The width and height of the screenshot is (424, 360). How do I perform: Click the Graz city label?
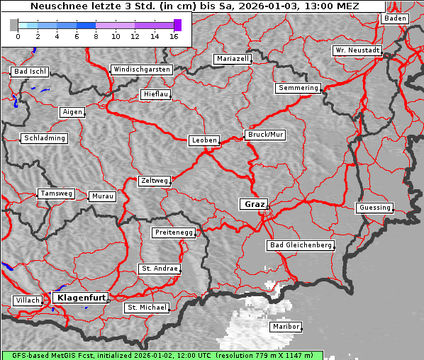pyautogui.click(x=253, y=204)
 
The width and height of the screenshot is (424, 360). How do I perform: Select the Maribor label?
pyautogui.click(x=286, y=327)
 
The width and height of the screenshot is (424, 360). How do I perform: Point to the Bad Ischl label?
pyautogui.click(x=30, y=72)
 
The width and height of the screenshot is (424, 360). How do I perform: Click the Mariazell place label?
pyautogui.click(x=233, y=59)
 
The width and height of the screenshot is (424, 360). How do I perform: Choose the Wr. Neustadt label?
pyautogui.click(x=357, y=51)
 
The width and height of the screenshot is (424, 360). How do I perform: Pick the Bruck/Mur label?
pyautogui.click(x=264, y=134)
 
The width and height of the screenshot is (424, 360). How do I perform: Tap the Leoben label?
pyautogui.click(x=204, y=140)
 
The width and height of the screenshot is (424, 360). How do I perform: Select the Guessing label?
pyautogui.click(x=374, y=208)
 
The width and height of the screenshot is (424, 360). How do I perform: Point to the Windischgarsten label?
pyautogui.click(x=141, y=69)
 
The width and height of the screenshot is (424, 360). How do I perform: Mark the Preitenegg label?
pyautogui.click(x=173, y=232)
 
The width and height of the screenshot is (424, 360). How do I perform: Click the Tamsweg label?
pyautogui.click(x=55, y=193)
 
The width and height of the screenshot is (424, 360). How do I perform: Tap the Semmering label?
pyautogui.click(x=298, y=88)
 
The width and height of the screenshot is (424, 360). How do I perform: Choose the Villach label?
pyautogui.click(x=27, y=300)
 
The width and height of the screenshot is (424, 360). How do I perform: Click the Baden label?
pyautogui.click(x=395, y=18)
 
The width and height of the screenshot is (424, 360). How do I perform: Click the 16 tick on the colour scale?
pyautogui.click(x=174, y=35)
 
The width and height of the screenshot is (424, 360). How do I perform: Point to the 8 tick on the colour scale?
pyautogui.click(x=96, y=35)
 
